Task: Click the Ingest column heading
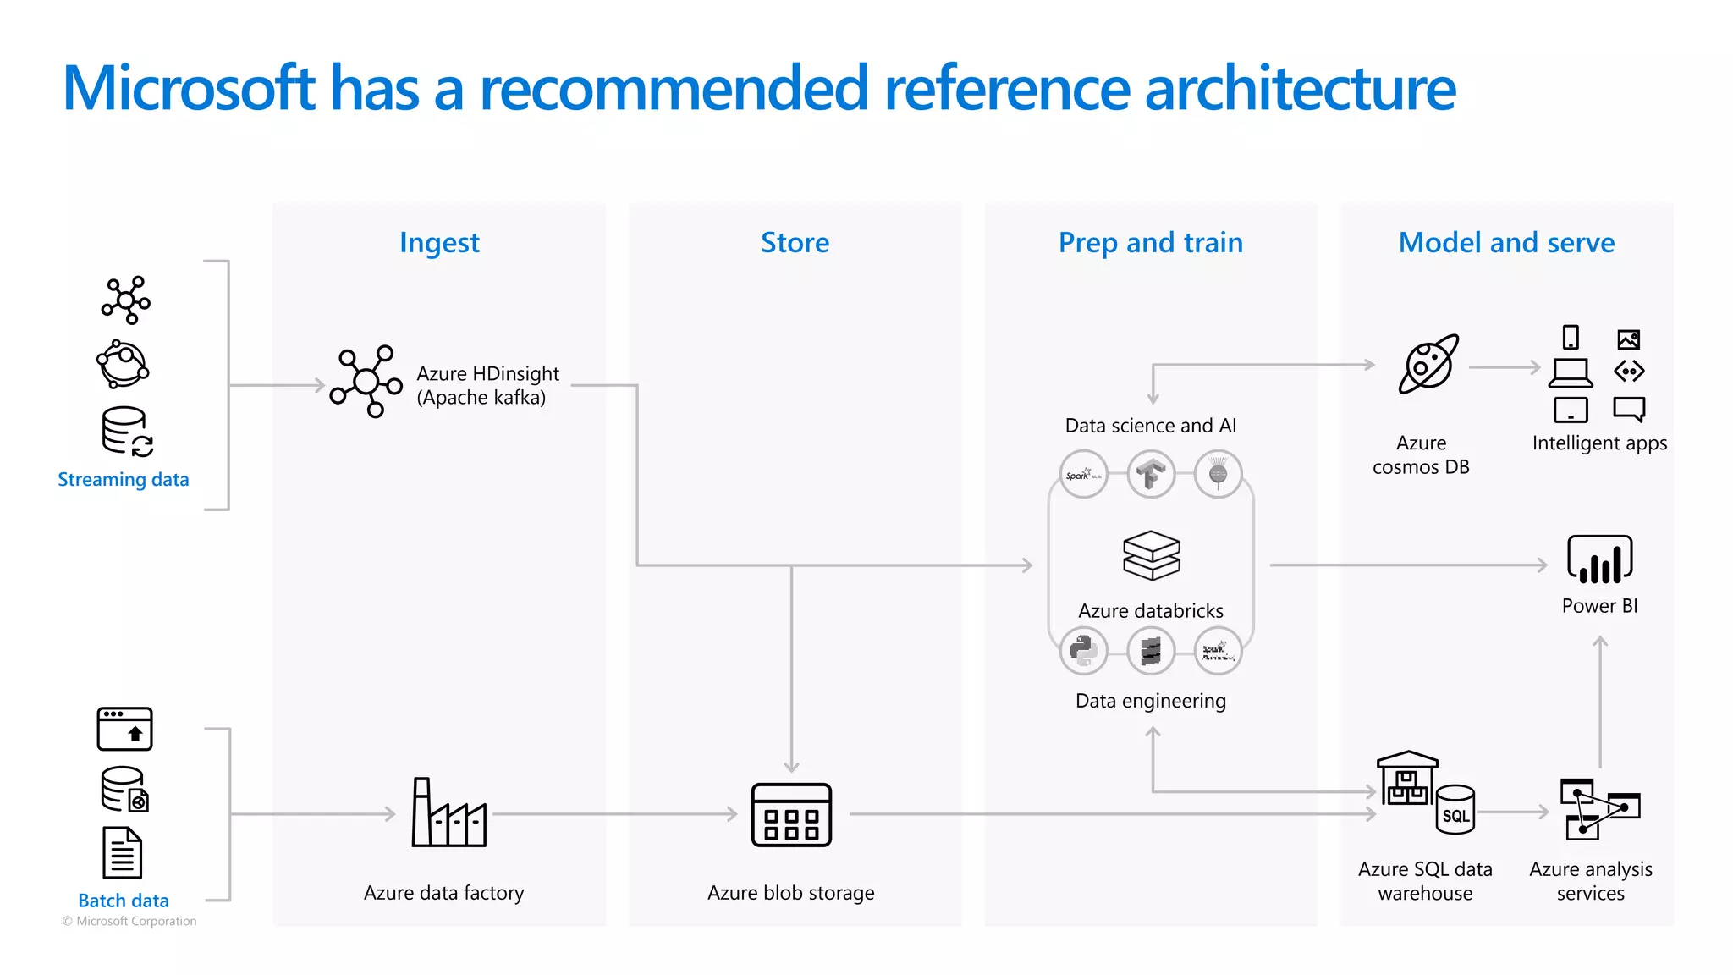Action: point(439,243)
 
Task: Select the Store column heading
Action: point(795,243)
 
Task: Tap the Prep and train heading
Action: point(1150,243)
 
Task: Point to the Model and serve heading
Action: point(1506,243)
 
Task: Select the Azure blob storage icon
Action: point(791,814)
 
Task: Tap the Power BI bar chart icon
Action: point(1599,559)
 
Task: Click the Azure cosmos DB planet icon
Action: point(1428,364)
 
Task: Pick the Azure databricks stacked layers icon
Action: point(1151,555)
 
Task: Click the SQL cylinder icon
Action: point(1455,810)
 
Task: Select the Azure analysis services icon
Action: point(1599,810)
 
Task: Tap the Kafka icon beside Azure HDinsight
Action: point(366,382)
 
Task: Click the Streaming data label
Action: point(124,480)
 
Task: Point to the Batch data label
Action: point(124,901)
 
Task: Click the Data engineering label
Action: point(1150,701)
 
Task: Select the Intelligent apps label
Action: point(1599,443)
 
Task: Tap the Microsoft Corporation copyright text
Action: point(129,921)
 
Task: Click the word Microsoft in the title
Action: point(189,88)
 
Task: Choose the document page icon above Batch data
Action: point(123,853)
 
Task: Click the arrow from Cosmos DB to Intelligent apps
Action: point(1505,367)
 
